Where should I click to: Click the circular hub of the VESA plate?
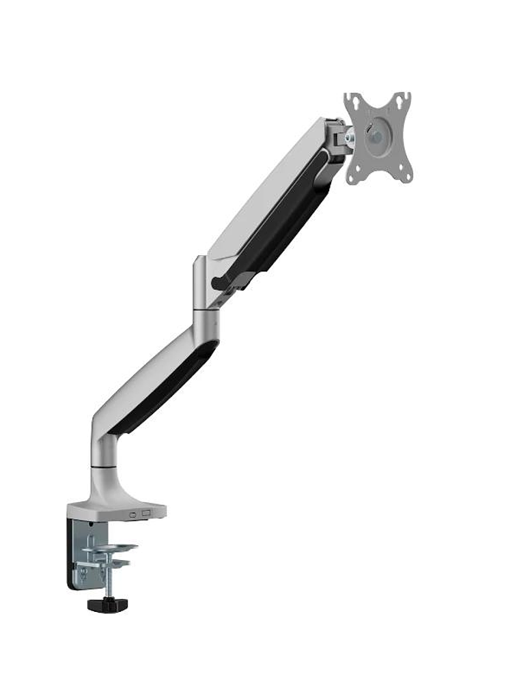tap(375, 136)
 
